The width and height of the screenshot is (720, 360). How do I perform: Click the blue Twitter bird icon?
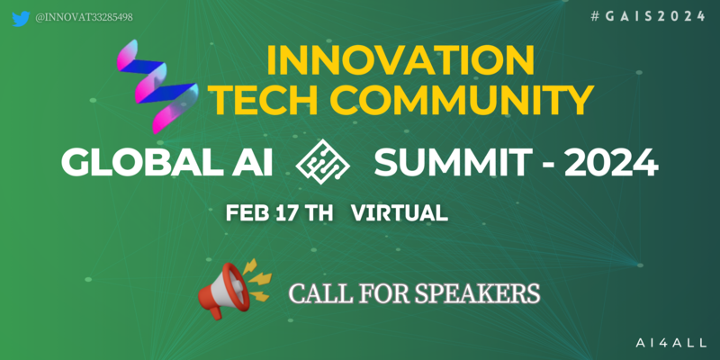pos(21,18)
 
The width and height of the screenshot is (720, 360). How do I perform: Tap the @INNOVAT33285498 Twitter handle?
pos(84,17)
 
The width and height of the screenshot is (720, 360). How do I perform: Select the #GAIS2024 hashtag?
pos(648,16)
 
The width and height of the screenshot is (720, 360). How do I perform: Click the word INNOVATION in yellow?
pos(400,61)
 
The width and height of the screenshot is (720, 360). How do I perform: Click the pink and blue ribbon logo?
pos(157,86)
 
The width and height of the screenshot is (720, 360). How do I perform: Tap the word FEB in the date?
pos(247,213)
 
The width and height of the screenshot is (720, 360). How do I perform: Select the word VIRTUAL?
pos(400,213)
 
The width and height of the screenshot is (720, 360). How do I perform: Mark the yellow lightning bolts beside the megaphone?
pos(258,280)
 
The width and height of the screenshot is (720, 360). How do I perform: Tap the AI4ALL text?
pos(670,342)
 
